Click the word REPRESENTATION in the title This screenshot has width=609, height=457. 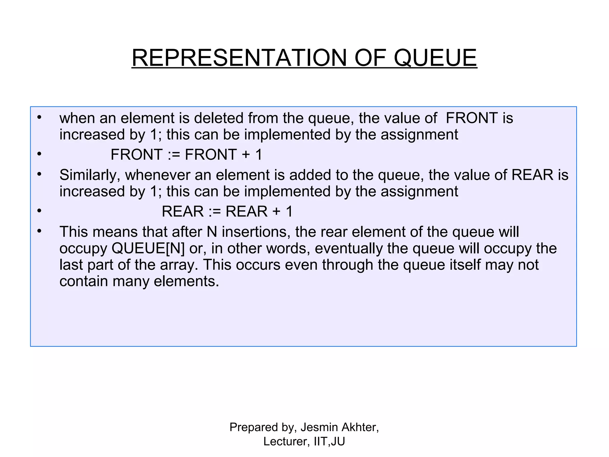(239, 58)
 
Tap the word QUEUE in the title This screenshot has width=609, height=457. (435, 58)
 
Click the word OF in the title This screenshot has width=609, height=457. (370, 58)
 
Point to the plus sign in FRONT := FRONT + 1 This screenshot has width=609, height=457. (246, 155)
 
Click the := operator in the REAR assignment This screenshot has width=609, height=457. (215, 212)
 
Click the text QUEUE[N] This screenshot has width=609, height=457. (148, 248)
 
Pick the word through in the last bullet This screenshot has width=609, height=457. (347, 265)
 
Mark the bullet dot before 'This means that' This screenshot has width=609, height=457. (39, 231)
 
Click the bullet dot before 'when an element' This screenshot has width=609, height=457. (39, 117)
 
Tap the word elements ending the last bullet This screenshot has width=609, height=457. (186, 281)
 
